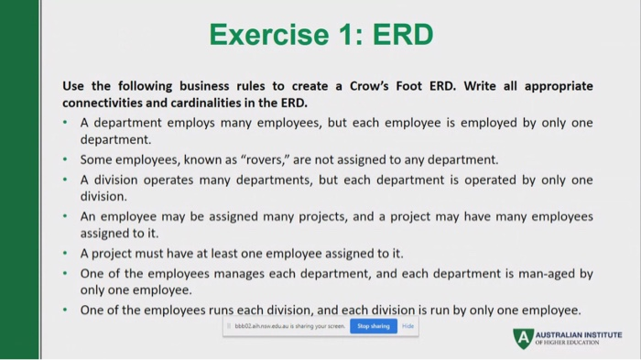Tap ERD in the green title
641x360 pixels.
click(398, 35)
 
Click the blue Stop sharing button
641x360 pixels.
click(373, 326)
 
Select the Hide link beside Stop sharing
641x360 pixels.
click(408, 326)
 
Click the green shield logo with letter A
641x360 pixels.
click(522, 338)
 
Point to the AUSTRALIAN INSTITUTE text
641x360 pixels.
click(578, 335)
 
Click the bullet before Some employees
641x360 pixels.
click(66, 159)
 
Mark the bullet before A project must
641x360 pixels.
click(66, 254)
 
